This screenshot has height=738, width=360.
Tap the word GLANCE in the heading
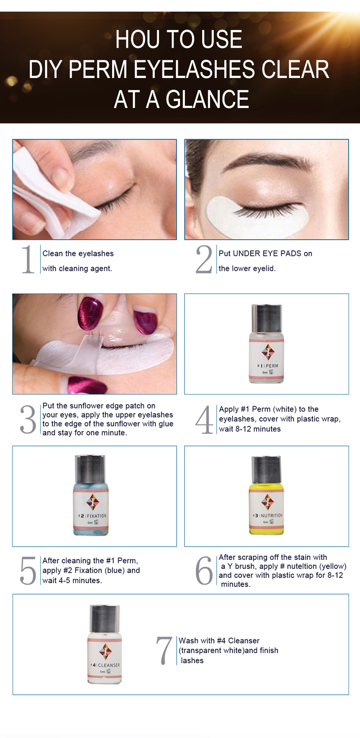(x=207, y=99)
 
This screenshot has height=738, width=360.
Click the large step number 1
(x=28, y=259)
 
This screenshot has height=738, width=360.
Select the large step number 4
(x=204, y=420)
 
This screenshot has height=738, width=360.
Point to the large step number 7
(x=164, y=651)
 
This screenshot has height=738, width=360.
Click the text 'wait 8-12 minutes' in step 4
(x=250, y=429)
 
